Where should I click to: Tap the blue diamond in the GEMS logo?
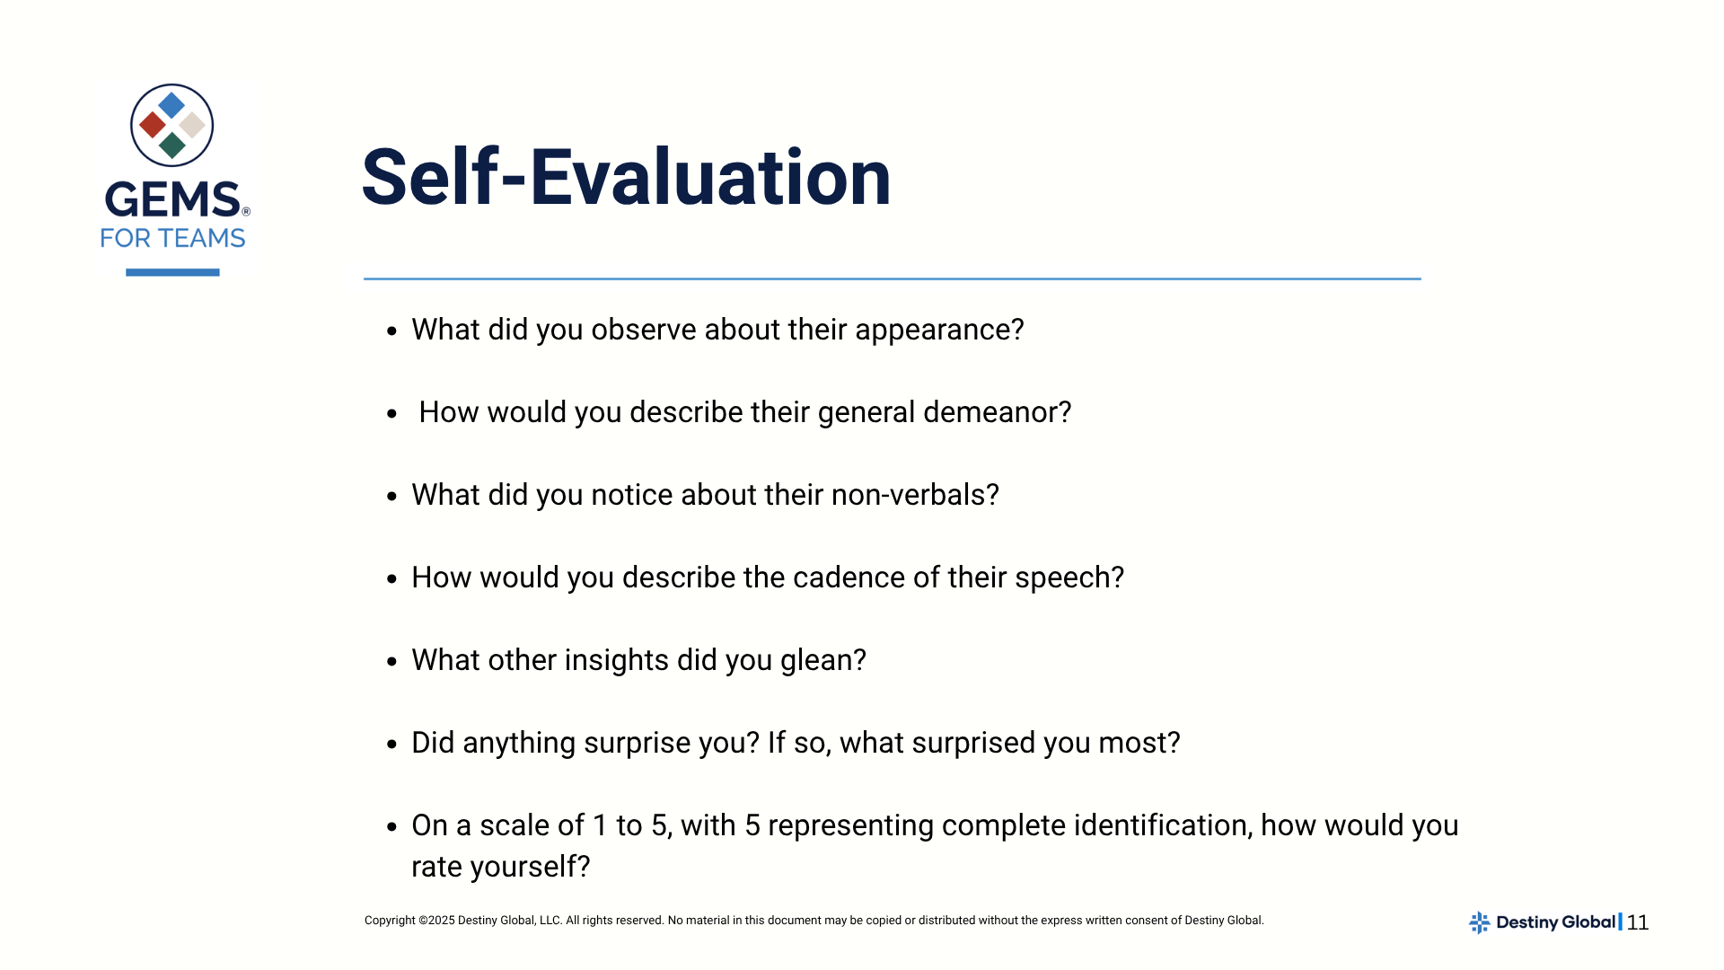[x=172, y=105]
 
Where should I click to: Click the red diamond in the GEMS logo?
[x=153, y=125]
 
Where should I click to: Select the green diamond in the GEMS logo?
[x=172, y=145]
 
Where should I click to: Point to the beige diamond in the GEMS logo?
[x=192, y=125]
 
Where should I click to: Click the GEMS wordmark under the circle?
[x=173, y=199]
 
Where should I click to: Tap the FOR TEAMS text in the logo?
[x=172, y=238]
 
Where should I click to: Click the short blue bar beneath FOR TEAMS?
[x=172, y=272]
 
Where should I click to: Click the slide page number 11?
[x=1638, y=922]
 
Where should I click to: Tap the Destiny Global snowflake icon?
[x=1480, y=922]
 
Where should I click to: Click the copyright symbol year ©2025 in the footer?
[x=436, y=921]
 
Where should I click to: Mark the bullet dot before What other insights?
[x=391, y=662]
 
